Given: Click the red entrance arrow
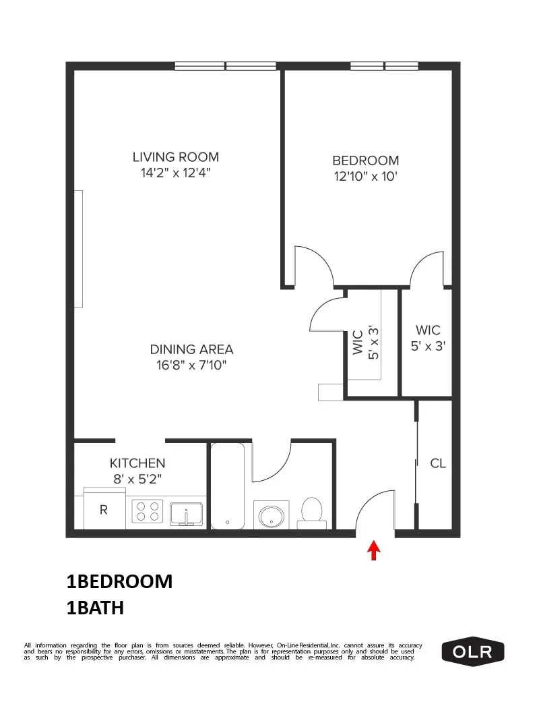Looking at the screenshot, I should click(373, 551).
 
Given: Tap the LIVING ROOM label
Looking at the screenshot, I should click(176, 157).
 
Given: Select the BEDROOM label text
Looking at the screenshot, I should click(366, 160).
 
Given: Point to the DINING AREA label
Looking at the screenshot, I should click(191, 349).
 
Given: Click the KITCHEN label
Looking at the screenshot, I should click(137, 463).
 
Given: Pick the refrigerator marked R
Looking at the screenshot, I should click(104, 510).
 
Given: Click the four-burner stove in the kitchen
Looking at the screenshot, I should click(148, 512).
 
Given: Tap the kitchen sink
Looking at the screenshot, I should click(187, 513).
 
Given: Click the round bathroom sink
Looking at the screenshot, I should click(272, 516).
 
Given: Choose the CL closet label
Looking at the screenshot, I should click(438, 464).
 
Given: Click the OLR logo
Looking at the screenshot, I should click(472, 651).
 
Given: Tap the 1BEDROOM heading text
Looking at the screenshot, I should click(119, 581).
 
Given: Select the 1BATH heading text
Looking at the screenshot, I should click(95, 608).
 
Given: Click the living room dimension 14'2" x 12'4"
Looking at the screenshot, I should click(176, 173).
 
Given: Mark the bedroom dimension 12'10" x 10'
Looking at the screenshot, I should click(366, 177).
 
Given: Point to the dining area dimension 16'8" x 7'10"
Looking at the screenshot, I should click(191, 365).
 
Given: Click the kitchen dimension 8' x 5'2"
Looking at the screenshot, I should click(137, 479).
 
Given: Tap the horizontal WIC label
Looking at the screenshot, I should click(428, 330).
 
